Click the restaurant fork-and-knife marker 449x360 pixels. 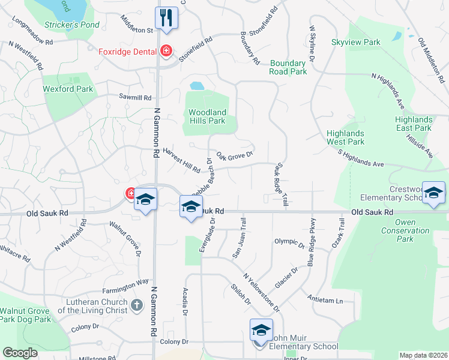pos(166,17)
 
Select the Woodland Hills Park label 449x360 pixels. pos(207,116)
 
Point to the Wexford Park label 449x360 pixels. pos(68,89)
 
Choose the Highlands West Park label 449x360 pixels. pos(345,137)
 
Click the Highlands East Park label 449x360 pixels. pos(413,124)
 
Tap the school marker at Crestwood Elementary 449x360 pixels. pos(433,192)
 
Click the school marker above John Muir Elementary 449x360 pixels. pos(261,330)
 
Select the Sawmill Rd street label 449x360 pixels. pos(135,97)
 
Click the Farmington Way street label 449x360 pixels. pos(125,281)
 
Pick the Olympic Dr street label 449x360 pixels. pos(289,242)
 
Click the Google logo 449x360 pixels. pos(20,353)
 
